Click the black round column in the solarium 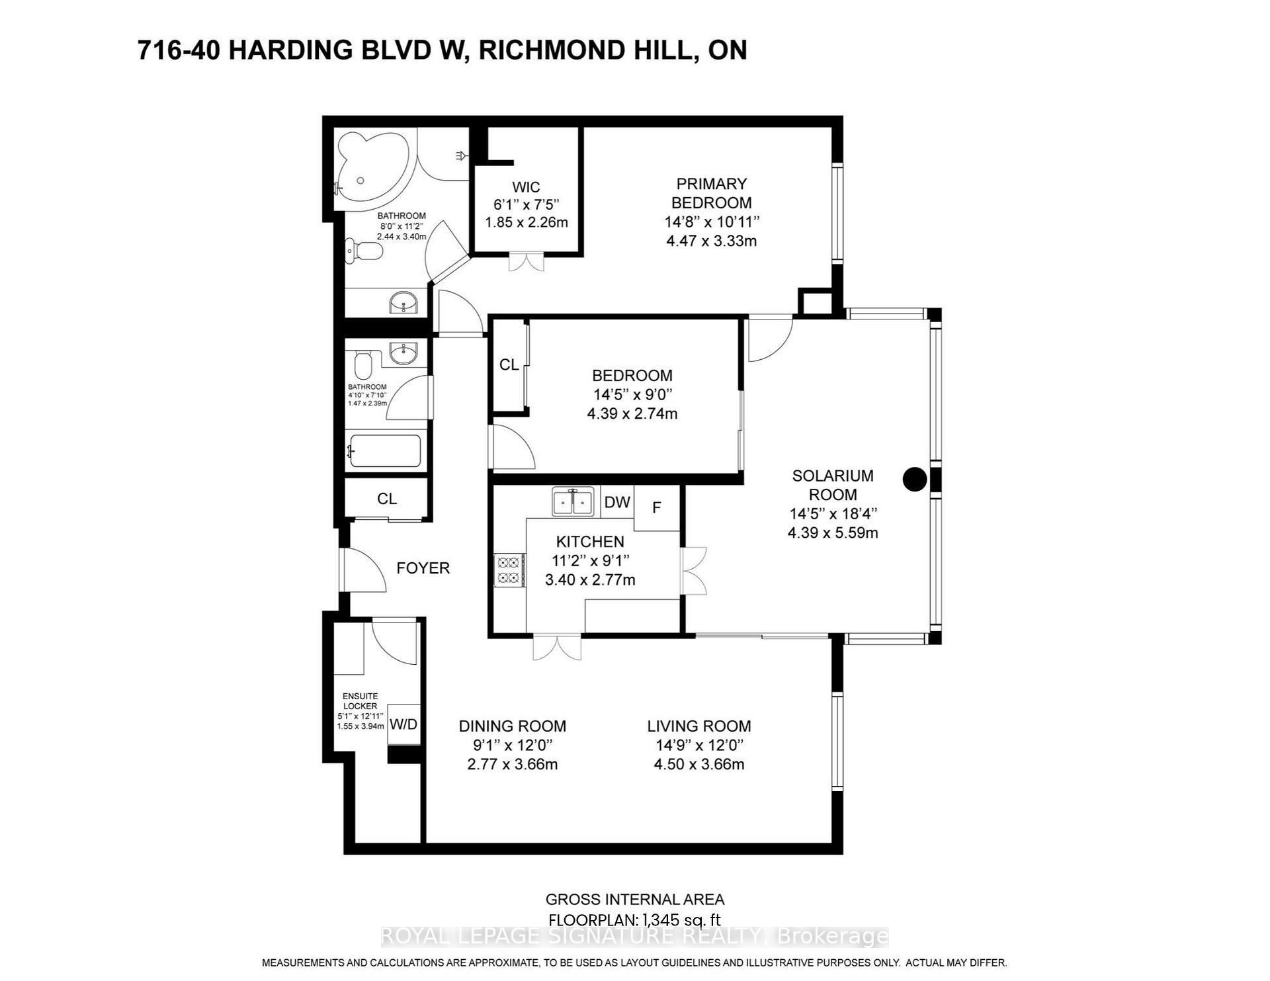point(915,480)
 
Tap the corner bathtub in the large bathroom point(368,169)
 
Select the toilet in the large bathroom point(364,251)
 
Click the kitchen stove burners point(509,570)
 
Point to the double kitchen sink point(572,502)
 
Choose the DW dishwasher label point(617,502)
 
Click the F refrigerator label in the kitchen point(657,508)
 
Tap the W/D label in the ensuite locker point(403,724)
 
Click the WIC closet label point(526,187)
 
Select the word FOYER point(423,568)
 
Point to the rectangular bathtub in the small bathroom point(384,451)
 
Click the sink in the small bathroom point(403,354)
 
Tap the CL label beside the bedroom point(509,365)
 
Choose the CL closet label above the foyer point(387,499)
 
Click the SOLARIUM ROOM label point(833,485)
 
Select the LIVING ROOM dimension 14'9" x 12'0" point(699,745)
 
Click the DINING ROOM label point(513,726)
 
